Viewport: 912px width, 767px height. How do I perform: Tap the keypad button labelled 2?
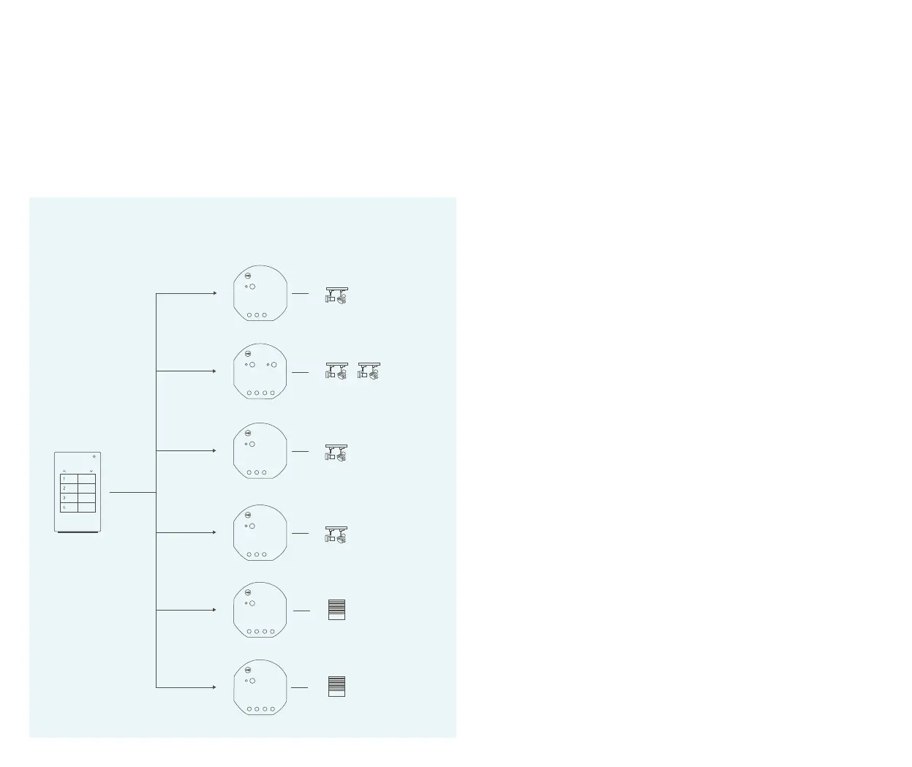click(x=69, y=488)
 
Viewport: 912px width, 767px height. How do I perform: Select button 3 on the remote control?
click(x=69, y=497)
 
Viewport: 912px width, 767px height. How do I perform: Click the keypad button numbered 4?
click(x=69, y=507)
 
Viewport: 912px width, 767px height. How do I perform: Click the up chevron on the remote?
click(x=64, y=471)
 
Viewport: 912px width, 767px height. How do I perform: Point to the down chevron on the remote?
click(x=91, y=471)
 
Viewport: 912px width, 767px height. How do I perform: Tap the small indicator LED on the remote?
click(x=94, y=456)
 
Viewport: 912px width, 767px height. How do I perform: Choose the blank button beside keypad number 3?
click(x=86, y=497)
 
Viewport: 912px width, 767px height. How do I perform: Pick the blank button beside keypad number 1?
click(x=86, y=478)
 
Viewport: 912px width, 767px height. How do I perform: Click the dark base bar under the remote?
click(x=78, y=533)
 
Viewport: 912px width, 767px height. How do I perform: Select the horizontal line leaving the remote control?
click(x=132, y=493)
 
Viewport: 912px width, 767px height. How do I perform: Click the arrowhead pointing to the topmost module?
click(x=214, y=293)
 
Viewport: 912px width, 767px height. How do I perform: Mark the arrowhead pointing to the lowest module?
click(x=214, y=687)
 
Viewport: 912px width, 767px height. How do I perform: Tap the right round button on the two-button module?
click(x=274, y=364)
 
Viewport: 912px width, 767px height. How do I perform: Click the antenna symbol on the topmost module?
click(x=248, y=276)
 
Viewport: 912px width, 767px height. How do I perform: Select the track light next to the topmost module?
click(x=336, y=295)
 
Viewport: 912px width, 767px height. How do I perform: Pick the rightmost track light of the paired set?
click(x=369, y=371)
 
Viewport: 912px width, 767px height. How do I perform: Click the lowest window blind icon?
click(x=336, y=687)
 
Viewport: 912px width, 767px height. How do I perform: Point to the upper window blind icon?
click(x=336, y=610)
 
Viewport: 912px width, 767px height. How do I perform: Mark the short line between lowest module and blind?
click(x=299, y=687)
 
